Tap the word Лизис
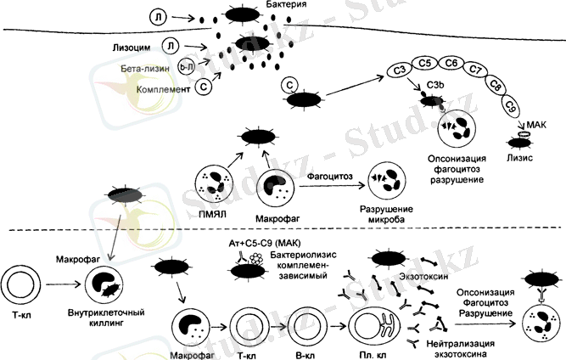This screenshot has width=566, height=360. tap(519, 157)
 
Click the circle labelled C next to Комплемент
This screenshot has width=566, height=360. tap(205, 87)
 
